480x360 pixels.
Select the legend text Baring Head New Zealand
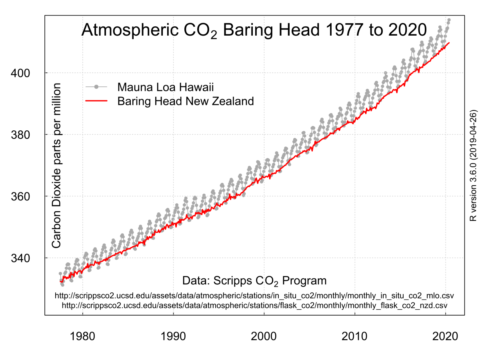(x=186, y=101)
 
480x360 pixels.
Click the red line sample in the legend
(x=96, y=101)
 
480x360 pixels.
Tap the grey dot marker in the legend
(x=96, y=87)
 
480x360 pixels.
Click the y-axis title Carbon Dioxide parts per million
(x=57, y=166)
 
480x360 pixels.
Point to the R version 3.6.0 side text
(x=473, y=166)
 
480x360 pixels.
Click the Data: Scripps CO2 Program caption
(x=254, y=280)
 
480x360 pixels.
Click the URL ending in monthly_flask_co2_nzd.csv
(x=254, y=305)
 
